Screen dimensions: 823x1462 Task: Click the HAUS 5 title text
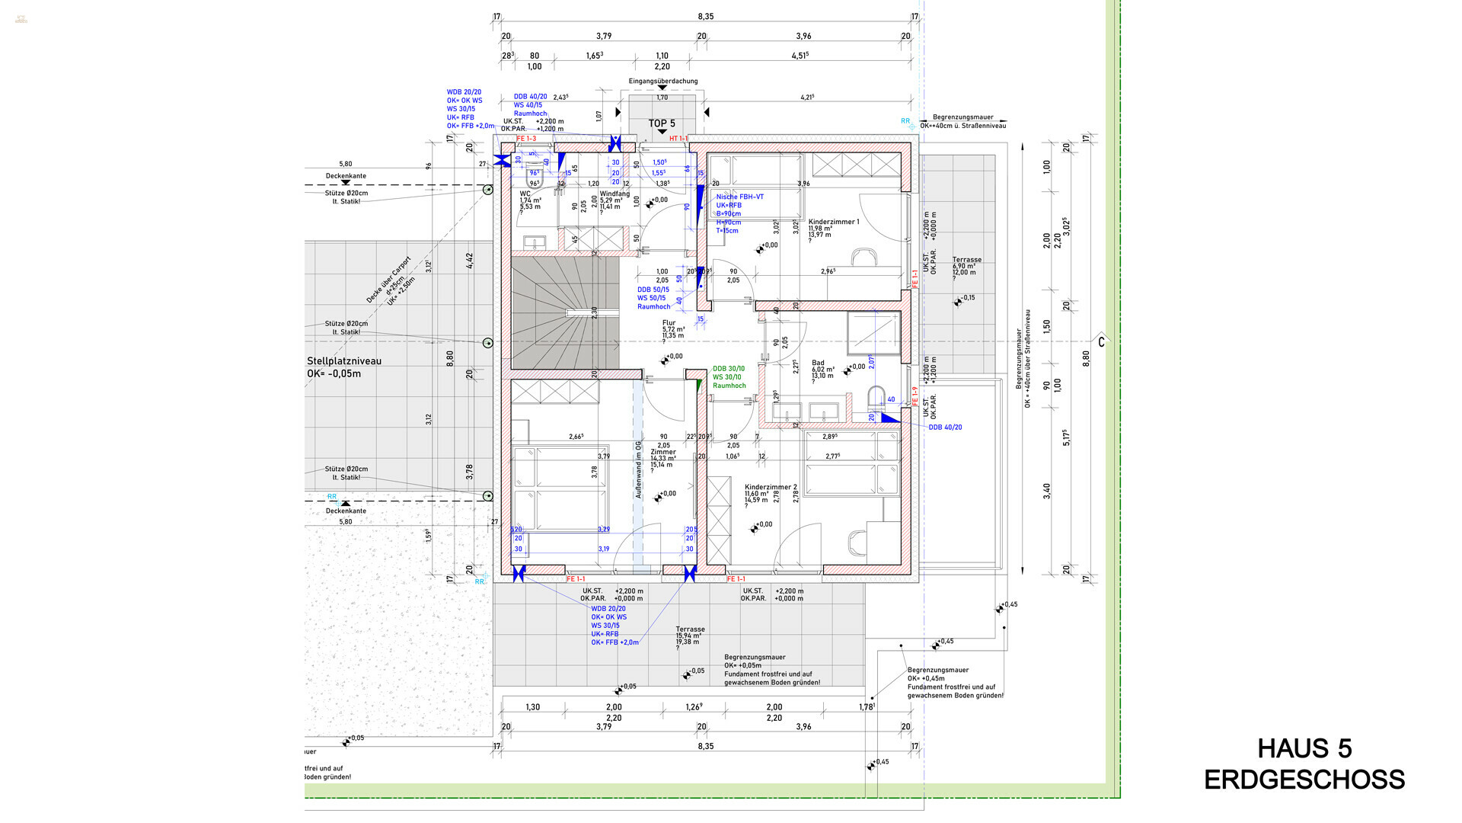[x=1304, y=749]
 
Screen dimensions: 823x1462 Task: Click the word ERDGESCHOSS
[x=1304, y=780]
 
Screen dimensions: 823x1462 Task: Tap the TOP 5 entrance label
[x=661, y=123]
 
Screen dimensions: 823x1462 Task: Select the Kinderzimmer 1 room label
[x=833, y=222]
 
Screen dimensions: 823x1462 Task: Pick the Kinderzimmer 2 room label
[x=771, y=487]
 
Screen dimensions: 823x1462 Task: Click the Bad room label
[x=818, y=363]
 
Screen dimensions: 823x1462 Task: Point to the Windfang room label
[x=614, y=194]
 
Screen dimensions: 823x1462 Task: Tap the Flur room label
[x=669, y=323]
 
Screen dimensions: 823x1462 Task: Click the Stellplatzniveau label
[x=344, y=361]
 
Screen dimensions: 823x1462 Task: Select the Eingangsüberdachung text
[x=662, y=81]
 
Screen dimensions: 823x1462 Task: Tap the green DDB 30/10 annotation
[x=729, y=369]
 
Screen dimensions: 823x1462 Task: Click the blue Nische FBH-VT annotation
[x=739, y=197]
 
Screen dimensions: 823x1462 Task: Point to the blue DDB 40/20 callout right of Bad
[x=944, y=428]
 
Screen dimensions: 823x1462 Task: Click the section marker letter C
[x=1100, y=342]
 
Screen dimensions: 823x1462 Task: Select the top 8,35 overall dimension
[x=705, y=17]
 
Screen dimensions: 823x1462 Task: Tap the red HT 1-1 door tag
[x=678, y=139]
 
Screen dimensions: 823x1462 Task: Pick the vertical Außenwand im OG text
[x=638, y=470]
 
